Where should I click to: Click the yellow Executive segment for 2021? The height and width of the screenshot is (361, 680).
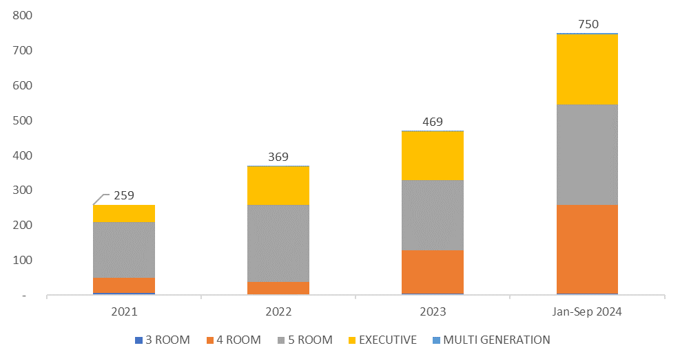(x=124, y=213)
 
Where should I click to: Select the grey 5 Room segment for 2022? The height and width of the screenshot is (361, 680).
(x=278, y=243)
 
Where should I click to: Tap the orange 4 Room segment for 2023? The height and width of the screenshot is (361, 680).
(x=433, y=272)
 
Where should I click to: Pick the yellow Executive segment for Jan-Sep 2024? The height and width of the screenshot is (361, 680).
(x=587, y=69)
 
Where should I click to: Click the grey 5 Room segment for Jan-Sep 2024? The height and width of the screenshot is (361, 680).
(x=587, y=155)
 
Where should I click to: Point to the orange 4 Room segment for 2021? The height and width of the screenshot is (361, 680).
(x=124, y=285)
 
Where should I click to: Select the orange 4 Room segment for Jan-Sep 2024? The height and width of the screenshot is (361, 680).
(x=587, y=250)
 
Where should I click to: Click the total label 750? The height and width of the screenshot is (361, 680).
(x=588, y=24)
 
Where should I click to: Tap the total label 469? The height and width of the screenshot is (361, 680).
(x=433, y=122)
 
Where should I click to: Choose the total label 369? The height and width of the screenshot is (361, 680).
(x=278, y=157)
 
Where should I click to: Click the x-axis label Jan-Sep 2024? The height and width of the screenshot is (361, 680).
(x=588, y=311)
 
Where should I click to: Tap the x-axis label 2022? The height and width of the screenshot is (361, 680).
(x=278, y=311)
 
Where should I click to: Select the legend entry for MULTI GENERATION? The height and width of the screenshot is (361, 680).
(x=491, y=340)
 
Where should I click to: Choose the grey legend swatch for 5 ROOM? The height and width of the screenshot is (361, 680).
(x=281, y=340)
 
